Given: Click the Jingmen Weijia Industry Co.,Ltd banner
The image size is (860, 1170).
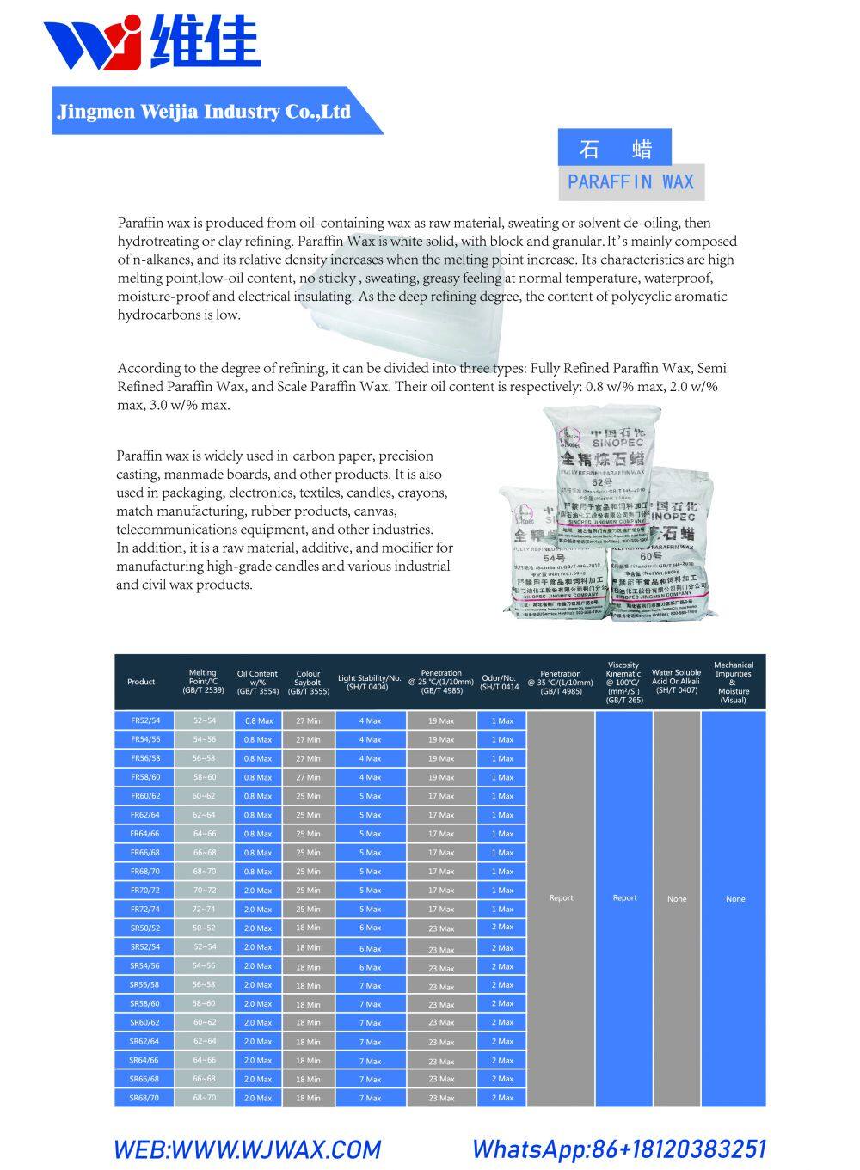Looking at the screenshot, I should [204, 112].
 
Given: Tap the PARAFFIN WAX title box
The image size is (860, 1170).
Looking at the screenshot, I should [630, 182].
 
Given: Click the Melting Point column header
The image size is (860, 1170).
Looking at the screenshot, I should [203, 681].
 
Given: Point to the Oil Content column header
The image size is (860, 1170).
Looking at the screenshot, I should [257, 682].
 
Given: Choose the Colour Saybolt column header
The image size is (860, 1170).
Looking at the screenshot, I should [308, 682].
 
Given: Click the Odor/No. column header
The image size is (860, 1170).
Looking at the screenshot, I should [500, 682].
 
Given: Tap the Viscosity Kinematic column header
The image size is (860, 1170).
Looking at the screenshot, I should [623, 683].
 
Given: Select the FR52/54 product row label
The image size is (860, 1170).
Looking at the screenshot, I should [145, 720].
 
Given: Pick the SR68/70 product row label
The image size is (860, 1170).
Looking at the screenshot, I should [144, 1098].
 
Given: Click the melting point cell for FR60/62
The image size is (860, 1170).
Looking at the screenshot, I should [204, 796].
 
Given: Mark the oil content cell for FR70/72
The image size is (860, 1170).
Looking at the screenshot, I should [258, 891].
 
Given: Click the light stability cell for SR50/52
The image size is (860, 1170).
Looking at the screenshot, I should [370, 928].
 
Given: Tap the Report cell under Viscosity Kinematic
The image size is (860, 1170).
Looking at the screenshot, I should [624, 897].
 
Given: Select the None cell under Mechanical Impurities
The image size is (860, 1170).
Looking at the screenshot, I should [734, 899].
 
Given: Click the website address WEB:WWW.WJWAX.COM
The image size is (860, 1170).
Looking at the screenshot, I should [247, 1149].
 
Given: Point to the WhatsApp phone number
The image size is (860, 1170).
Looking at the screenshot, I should [618, 1149].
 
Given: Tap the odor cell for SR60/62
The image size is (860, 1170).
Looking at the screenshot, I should [502, 1022].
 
